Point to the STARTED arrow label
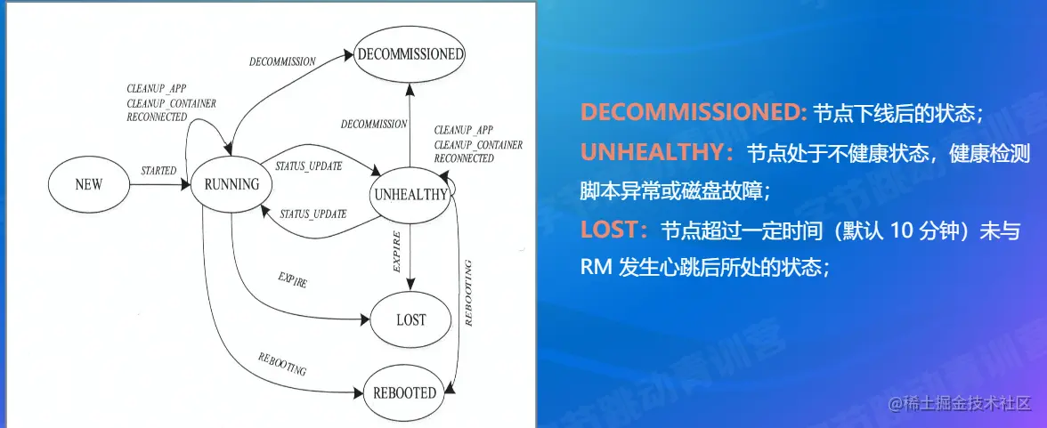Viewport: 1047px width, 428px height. (x=158, y=171)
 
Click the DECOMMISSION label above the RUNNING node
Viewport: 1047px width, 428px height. (x=282, y=61)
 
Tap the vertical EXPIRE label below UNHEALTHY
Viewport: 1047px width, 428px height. (x=396, y=251)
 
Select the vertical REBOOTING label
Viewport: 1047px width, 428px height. (x=468, y=293)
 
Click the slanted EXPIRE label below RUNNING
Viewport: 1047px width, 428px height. (x=292, y=279)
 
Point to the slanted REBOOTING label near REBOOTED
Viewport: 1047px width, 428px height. (x=281, y=362)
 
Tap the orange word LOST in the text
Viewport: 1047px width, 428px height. (x=610, y=230)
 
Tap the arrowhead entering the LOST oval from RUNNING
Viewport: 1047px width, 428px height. (x=365, y=319)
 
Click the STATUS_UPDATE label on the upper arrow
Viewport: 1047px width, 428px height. (x=309, y=165)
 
